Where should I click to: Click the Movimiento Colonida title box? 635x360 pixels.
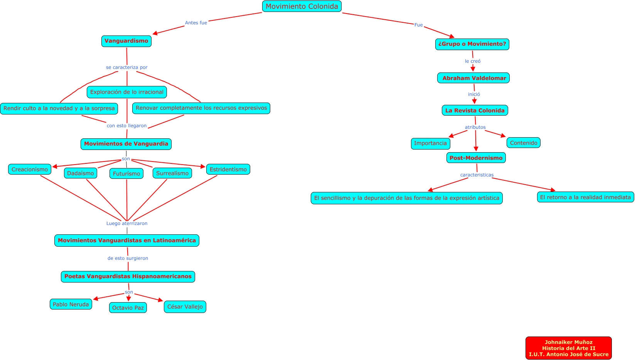tap(301, 6)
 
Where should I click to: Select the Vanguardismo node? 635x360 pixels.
tap(126, 41)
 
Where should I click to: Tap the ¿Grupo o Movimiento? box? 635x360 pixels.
tap(472, 44)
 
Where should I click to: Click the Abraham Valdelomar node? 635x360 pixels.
tap(473, 78)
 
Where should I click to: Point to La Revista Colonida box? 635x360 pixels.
tap(475, 110)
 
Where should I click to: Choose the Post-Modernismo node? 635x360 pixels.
tap(476, 158)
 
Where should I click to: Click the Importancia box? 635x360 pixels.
tap(430, 143)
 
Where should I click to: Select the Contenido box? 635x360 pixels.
tap(523, 143)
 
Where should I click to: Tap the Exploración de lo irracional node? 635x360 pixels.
tap(126, 92)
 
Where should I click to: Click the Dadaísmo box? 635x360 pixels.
tap(80, 173)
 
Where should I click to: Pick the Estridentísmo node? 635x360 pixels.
tap(228, 169)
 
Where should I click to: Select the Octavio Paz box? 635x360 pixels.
tap(128, 308)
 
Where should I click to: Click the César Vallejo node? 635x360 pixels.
tap(185, 307)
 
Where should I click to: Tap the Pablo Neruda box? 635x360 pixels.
tap(71, 304)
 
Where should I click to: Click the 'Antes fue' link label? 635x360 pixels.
tap(196, 23)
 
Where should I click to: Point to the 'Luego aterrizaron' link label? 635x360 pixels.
tap(126, 223)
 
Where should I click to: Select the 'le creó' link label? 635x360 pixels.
tap(472, 61)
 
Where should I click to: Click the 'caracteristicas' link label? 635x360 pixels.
tap(477, 175)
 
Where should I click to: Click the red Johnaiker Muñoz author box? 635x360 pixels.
tap(568, 348)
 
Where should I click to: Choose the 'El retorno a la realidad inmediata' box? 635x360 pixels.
tap(585, 197)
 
